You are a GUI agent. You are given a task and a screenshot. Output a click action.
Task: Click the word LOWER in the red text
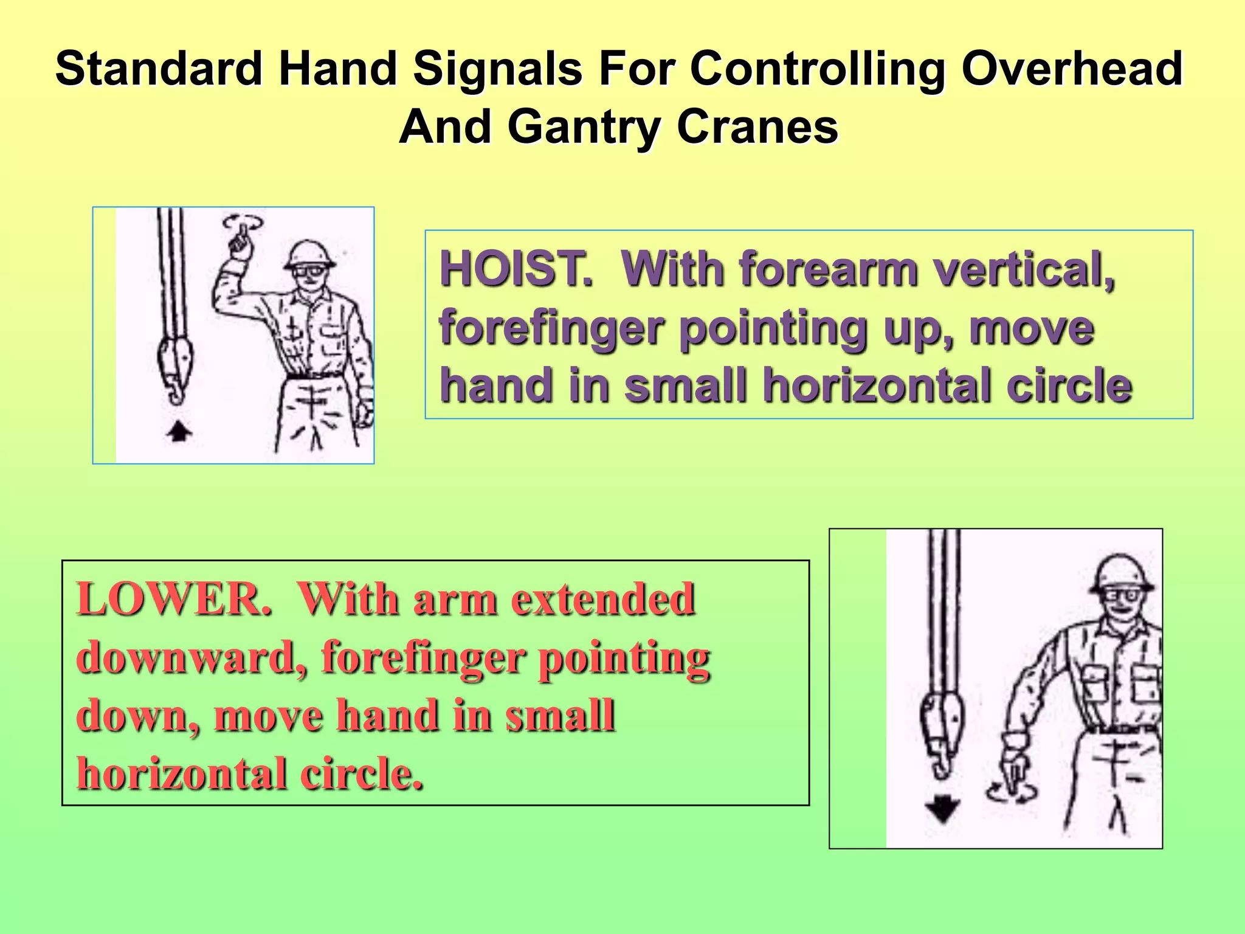coord(174,600)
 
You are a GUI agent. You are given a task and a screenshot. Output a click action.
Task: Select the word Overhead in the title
coord(1071,68)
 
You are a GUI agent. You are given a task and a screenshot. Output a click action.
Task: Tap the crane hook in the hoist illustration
coord(173,371)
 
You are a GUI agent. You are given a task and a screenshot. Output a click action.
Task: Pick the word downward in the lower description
coord(191,658)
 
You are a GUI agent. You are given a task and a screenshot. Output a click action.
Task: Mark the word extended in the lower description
coord(602,600)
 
